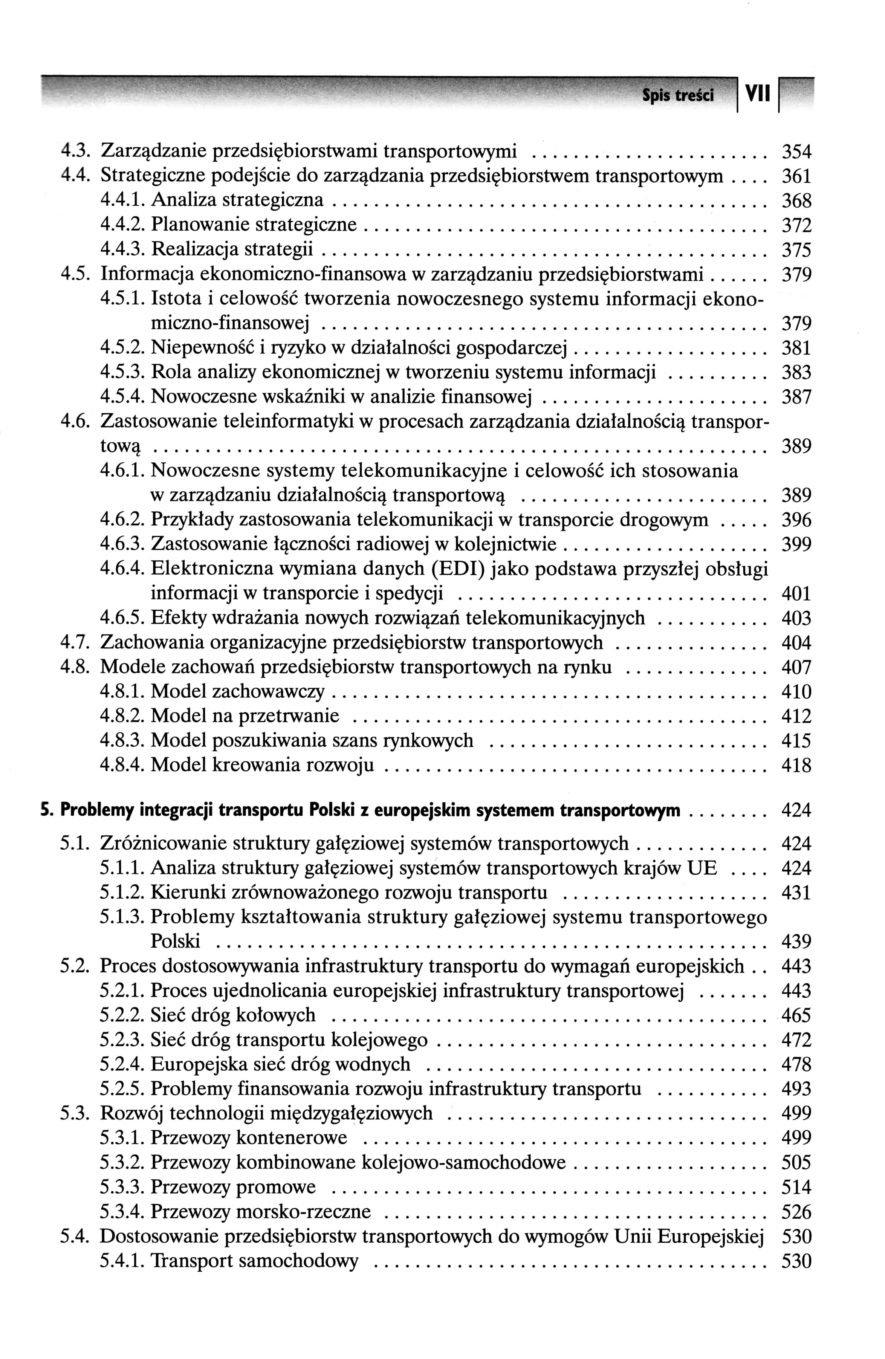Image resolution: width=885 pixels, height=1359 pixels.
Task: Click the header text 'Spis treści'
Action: click(678, 96)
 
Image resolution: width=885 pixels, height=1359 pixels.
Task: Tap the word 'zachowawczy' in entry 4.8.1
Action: click(268, 692)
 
